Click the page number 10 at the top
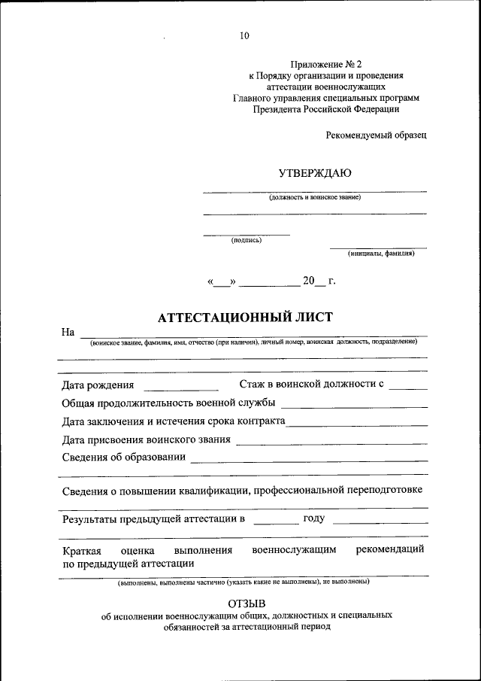coord(244,35)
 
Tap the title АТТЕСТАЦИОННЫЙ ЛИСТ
coord(244,318)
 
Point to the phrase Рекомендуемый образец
coord(377,135)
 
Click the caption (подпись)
coord(247,241)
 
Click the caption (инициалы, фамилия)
coord(381,254)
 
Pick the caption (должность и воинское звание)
coord(315,198)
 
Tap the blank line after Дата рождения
coord(180,388)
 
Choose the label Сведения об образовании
coord(123,458)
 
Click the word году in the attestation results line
coord(313,518)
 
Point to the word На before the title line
coord(68,332)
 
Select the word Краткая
coord(82,550)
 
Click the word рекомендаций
coord(390,549)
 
